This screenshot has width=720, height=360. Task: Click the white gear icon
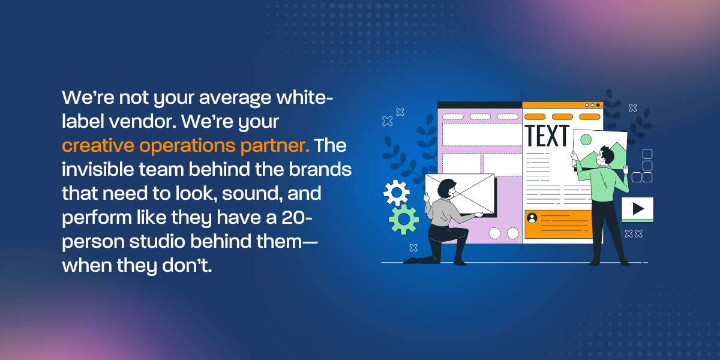[x=396, y=192]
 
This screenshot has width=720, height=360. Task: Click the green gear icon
[x=404, y=219]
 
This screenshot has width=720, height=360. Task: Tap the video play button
[x=637, y=209]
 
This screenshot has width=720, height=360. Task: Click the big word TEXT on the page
[x=547, y=136]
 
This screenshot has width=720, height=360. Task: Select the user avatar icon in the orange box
[x=532, y=218]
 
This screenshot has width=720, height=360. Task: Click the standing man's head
[x=605, y=157]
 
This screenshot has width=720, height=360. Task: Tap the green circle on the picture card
[x=586, y=140]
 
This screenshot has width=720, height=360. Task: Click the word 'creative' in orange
[x=98, y=145]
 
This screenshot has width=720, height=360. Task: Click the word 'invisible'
[x=98, y=169]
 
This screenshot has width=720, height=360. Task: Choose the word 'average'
[x=235, y=98]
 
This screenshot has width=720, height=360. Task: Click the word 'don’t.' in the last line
[x=187, y=265]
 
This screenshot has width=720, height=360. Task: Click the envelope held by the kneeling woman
[x=460, y=193]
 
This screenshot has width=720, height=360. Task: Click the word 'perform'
[x=97, y=218]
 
